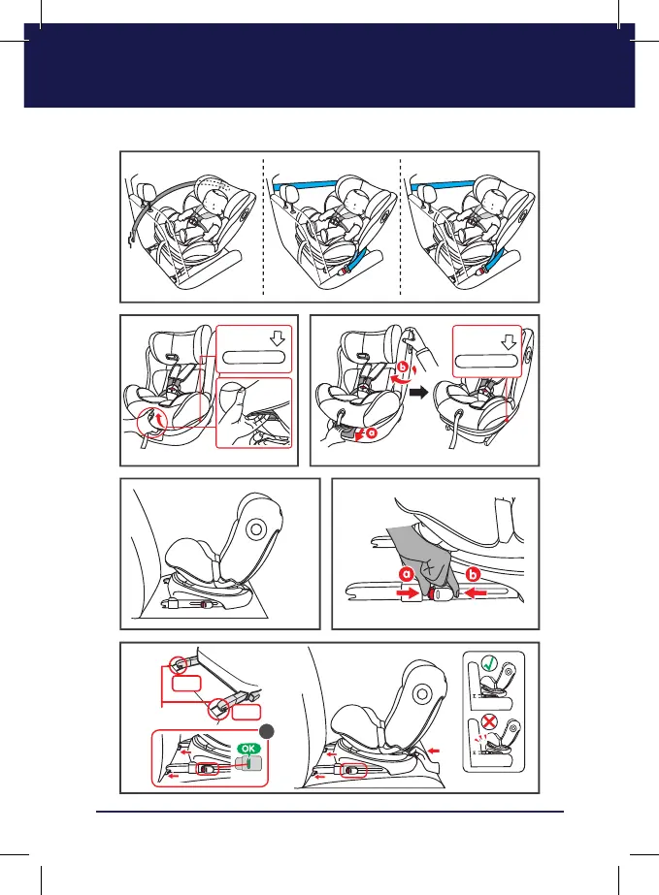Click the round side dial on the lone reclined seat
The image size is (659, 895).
pyautogui.click(x=256, y=528)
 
